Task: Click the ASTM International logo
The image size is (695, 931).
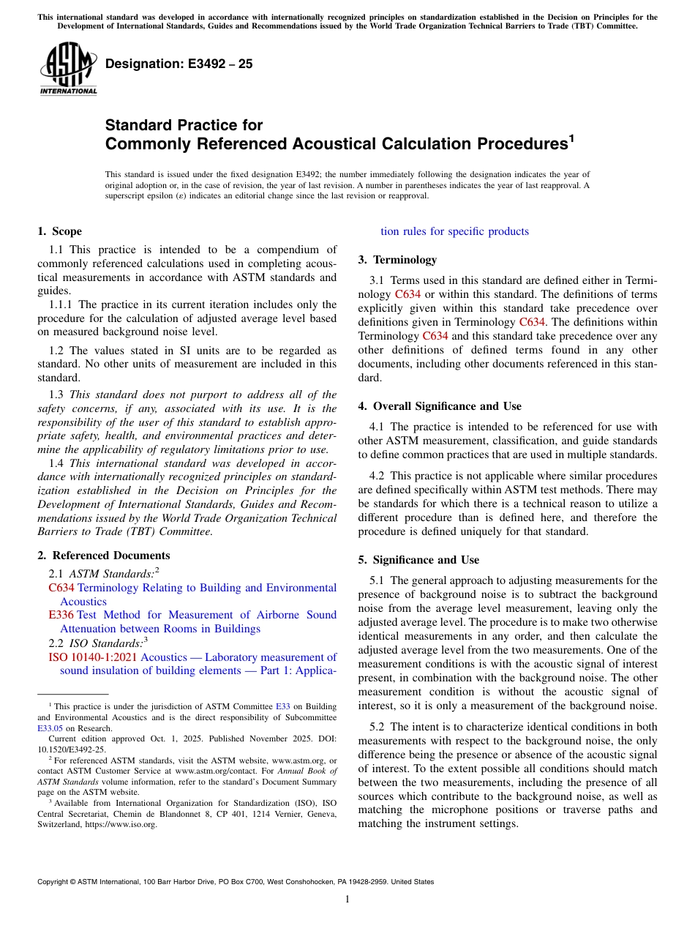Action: pyautogui.click(x=68, y=67)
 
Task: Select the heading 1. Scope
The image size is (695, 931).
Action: pyautogui.click(x=59, y=231)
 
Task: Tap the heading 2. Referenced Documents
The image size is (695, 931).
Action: pyautogui.click(x=103, y=556)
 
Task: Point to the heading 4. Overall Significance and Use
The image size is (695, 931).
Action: pyautogui.click(x=439, y=406)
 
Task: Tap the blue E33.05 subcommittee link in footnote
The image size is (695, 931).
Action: pyautogui.click(x=50, y=728)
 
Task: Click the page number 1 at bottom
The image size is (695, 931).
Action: pyautogui.click(x=347, y=899)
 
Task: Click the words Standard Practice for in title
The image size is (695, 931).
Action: pyautogui.click(x=184, y=125)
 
